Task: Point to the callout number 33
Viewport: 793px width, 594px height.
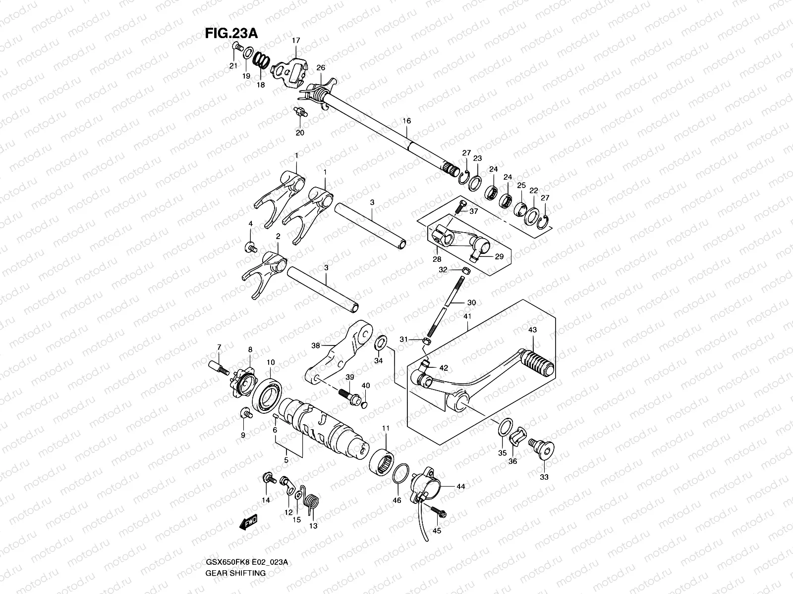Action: (x=544, y=477)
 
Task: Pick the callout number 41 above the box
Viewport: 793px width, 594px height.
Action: (x=467, y=316)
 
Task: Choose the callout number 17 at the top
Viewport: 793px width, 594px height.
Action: (x=296, y=40)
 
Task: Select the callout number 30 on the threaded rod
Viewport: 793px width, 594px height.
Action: (x=471, y=302)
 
